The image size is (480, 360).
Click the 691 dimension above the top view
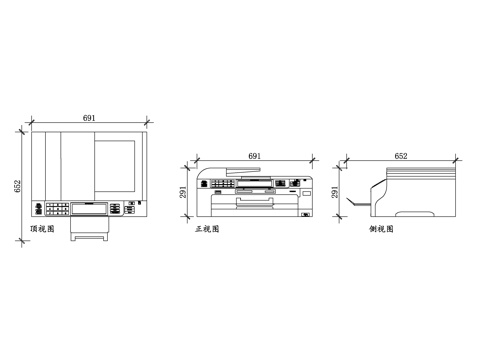click(89, 119)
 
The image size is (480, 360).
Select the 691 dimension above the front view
click(254, 156)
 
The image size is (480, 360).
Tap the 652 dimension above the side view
click(401, 156)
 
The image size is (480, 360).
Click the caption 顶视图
click(42, 229)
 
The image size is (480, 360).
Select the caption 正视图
click(207, 229)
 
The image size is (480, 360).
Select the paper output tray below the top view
click(89, 234)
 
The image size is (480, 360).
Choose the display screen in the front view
click(246, 184)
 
